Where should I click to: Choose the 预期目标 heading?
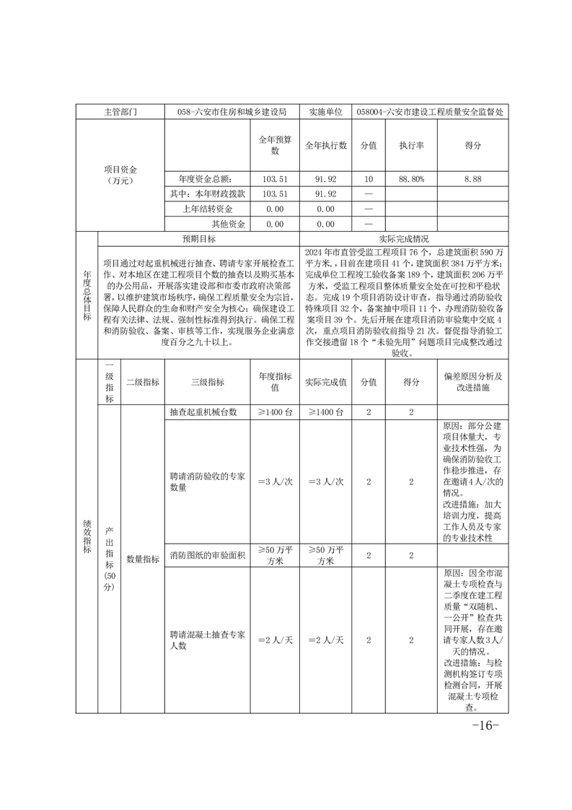point(198,239)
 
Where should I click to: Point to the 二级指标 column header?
point(143,383)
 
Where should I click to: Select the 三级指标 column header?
point(207,383)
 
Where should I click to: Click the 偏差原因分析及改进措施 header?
point(473,383)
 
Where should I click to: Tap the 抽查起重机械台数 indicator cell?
point(203,411)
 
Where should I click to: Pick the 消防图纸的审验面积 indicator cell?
point(208,555)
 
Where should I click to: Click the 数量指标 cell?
point(143,558)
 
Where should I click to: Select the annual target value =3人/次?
point(274,482)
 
